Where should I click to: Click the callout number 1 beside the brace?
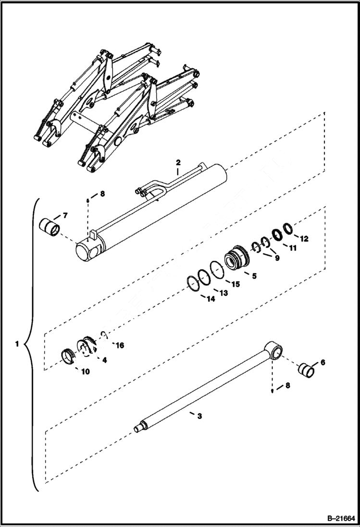click(17, 344)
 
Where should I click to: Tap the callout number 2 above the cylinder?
click(177, 162)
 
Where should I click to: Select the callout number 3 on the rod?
click(199, 416)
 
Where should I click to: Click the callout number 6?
click(323, 362)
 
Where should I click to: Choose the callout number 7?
click(65, 215)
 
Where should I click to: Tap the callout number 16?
click(120, 344)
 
